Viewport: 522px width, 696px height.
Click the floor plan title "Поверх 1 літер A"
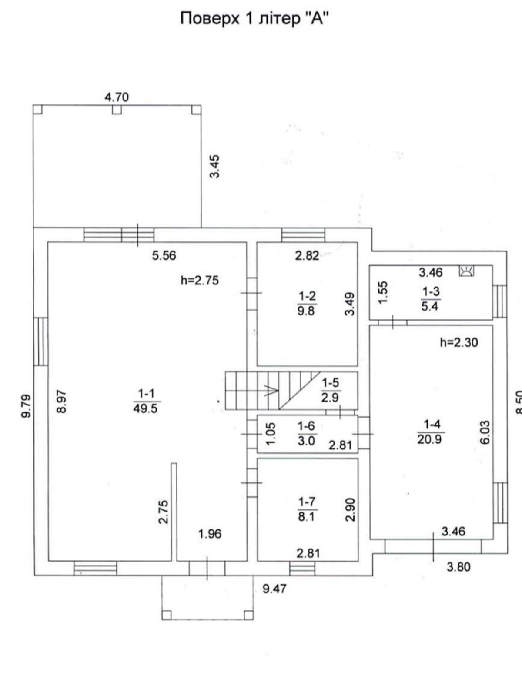pos(254,19)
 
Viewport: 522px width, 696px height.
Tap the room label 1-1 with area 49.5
pos(146,402)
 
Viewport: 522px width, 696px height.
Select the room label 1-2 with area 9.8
pos(307,304)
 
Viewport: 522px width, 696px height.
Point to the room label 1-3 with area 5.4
pos(430,299)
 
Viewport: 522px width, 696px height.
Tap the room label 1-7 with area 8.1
pos(307,509)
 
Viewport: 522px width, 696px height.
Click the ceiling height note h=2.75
pos(200,281)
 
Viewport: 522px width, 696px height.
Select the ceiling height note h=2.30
pos(459,342)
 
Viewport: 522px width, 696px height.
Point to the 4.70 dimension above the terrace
pos(117,97)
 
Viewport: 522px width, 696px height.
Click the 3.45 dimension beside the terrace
pos(215,167)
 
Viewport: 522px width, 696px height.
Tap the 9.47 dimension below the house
pos(274,589)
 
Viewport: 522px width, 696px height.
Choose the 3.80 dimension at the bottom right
pos(458,567)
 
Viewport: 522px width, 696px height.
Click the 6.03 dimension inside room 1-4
pos(485,433)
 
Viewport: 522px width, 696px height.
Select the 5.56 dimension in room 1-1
pos(164,256)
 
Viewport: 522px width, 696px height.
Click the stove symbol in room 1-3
pos(467,271)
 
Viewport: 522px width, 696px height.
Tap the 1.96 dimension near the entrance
pos(210,534)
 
